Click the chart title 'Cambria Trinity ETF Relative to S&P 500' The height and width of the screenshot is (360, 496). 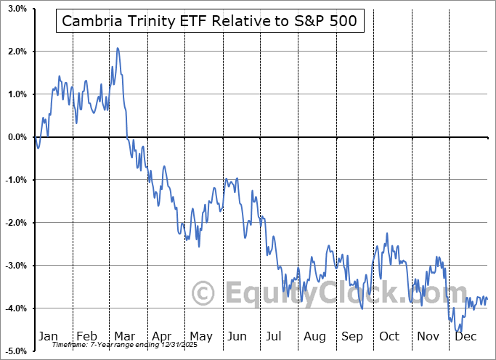point(209,21)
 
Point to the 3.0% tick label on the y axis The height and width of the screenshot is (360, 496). point(17,9)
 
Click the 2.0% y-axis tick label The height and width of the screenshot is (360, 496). point(17,52)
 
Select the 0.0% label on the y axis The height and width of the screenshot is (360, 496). point(17,137)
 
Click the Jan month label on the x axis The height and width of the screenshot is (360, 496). point(48,337)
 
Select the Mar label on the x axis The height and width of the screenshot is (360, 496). point(124,337)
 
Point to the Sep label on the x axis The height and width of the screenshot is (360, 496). point(352,337)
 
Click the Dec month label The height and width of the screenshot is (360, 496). point(466,337)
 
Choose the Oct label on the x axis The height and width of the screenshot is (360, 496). point(390,337)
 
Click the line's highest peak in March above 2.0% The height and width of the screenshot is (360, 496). point(118,49)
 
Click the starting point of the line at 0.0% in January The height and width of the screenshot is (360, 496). point(35,137)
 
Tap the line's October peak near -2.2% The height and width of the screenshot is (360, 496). point(387,233)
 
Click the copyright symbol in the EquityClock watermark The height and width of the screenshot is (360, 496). point(203,294)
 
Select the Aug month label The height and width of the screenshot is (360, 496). point(314,337)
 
